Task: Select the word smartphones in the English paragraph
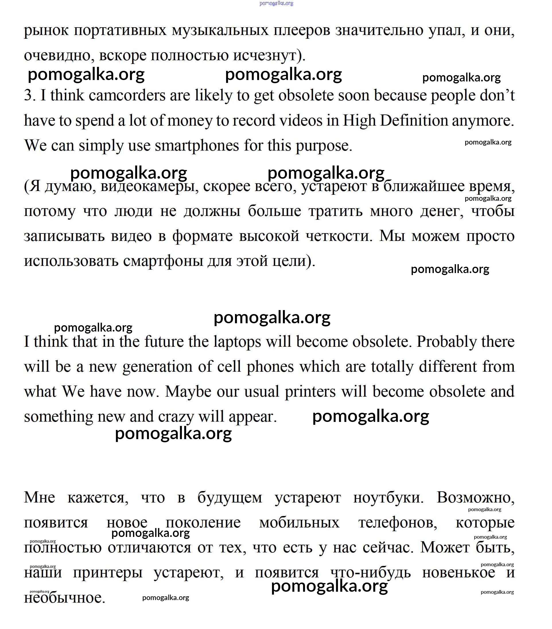[197, 145]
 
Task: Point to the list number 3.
[30, 96]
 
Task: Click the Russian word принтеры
[108, 573]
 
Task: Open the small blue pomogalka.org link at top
[276, 3]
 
